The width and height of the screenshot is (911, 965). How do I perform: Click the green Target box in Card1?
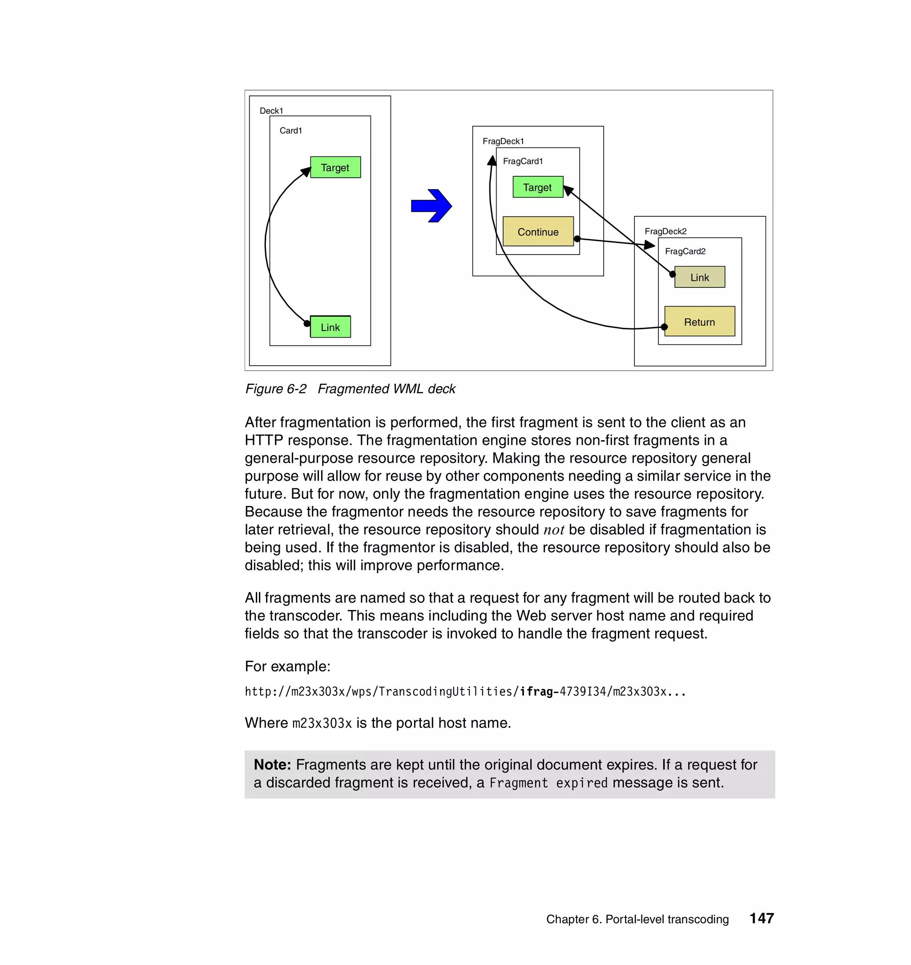[335, 167]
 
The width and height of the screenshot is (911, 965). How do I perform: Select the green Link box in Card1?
[330, 327]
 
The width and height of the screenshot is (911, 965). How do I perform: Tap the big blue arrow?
[431, 206]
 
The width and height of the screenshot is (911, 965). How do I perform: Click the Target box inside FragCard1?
[537, 187]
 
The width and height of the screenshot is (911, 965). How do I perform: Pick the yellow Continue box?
[538, 231]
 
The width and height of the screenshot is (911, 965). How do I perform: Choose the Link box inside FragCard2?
[700, 277]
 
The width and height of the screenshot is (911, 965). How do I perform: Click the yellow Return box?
[699, 321]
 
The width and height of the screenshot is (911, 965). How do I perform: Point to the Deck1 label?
[271, 111]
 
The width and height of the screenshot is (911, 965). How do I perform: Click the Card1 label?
[290, 131]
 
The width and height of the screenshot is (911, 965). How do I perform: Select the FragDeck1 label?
[503, 141]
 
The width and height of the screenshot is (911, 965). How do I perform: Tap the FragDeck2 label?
[665, 231]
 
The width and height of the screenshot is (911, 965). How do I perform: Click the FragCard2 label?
[685, 251]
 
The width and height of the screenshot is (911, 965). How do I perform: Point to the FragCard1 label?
[523, 161]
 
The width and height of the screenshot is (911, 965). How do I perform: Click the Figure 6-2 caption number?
[276, 389]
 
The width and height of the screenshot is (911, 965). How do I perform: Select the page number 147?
[762, 918]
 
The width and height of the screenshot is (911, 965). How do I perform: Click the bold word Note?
[272, 765]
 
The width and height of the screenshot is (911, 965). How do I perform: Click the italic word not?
[553, 530]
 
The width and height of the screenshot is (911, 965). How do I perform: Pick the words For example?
[287, 666]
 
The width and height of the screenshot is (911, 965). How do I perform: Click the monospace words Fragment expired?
[548, 783]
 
